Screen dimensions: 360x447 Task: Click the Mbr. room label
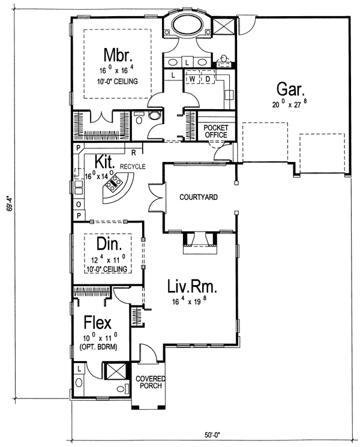pyautogui.click(x=118, y=55)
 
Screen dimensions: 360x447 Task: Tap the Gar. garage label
pyautogui.click(x=290, y=89)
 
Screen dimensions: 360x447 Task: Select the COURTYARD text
pyautogui.click(x=199, y=197)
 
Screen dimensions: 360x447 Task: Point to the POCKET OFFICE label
pyautogui.click(x=216, y=131)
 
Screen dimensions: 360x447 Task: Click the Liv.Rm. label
pyautogui.click(x=192, y=286)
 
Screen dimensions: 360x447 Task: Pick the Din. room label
pyautogui.click(x=109, y=244)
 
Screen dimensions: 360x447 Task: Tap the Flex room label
pyautogui.click(x=97, y=323)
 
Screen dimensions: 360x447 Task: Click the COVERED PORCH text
pyautogui.click(x=150, y=382)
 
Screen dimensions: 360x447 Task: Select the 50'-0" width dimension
pyautogui.click(x=212, y=435)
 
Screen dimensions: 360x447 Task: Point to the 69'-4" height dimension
pyautogui.click(x=11, y=203)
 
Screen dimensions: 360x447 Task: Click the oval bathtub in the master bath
pyautogui.click(x=187, y=25)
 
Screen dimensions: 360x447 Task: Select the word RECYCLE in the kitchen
pyautogui.click(x=133, y=166)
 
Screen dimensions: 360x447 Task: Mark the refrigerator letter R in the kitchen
pyautogui.click(x=133, y=153)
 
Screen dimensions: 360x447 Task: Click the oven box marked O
pyautogui.click(x=79, y=205)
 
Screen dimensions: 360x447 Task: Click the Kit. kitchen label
pyautogui.click(x=104, y=161)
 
